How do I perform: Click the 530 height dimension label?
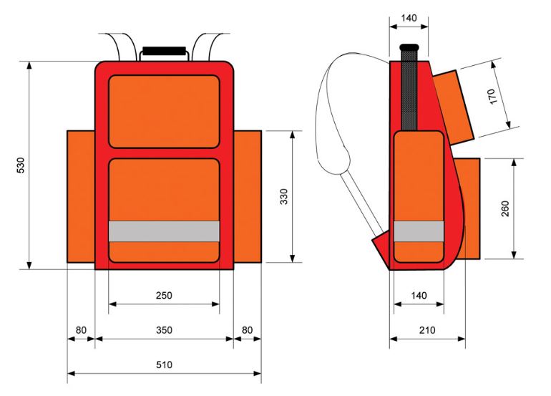click(21, 165)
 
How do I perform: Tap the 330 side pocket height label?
click(284, 196)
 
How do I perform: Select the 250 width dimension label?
click(164, 295)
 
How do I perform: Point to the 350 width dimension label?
click(164, 330)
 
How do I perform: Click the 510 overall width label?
click(164, 364)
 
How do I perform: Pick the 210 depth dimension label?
click(427, 330)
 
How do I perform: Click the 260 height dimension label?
click(505, 208)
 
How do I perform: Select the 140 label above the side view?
click(409, 18)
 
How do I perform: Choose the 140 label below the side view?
click(419, 295)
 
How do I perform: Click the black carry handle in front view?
click(164, 51)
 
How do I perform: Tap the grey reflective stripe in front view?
click(164, 231)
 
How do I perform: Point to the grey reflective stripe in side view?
click(419, 231)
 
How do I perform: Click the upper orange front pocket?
click(164, 112)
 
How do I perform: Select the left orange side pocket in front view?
click(81, 197)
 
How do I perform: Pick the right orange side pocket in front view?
click(248, 197)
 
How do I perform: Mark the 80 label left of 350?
click(81, 330)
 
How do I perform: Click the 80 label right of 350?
click(247, 330)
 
